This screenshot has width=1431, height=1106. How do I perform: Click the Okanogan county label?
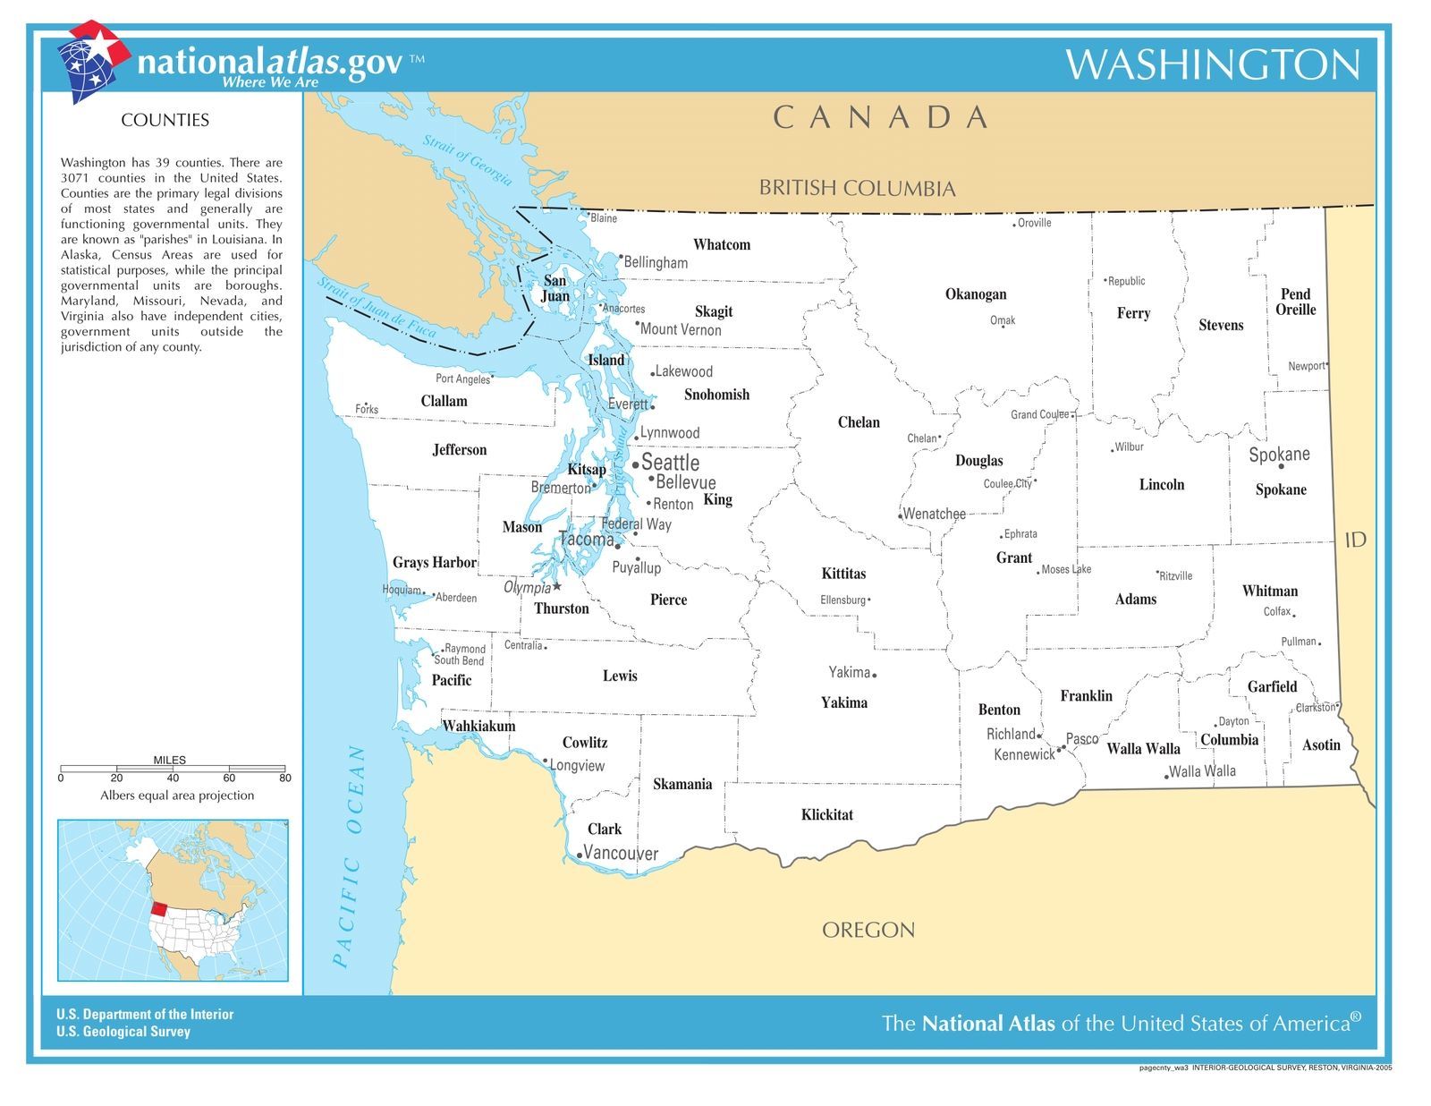coord(976,294)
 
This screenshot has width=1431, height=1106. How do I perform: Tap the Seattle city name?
coord(670,463)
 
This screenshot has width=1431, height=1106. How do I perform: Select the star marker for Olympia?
coord(557,587)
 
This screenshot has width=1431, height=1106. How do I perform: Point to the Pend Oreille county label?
coord(1295,302)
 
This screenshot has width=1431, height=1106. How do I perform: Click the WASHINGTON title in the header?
coord(1212,64)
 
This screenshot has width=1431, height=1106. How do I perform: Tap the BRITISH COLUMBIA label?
coord(857,188)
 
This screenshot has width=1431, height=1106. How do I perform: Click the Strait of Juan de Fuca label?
coord(377,308)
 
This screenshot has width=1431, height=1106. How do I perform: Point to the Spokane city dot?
coord(1281,466)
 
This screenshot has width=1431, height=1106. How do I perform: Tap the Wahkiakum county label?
coord(479,726)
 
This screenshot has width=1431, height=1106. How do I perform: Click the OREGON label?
coord(868,930)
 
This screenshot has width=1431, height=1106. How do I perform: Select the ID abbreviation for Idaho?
coord(1355,540)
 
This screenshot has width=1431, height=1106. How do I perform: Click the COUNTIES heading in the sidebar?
coord(165,120)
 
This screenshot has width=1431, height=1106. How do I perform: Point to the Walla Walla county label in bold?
coord(1143,749)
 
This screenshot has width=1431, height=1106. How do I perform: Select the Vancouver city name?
coord(621,854)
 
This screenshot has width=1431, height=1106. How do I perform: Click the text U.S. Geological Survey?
coord(123,1032)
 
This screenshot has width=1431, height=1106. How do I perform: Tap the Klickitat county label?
coord(826,814)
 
